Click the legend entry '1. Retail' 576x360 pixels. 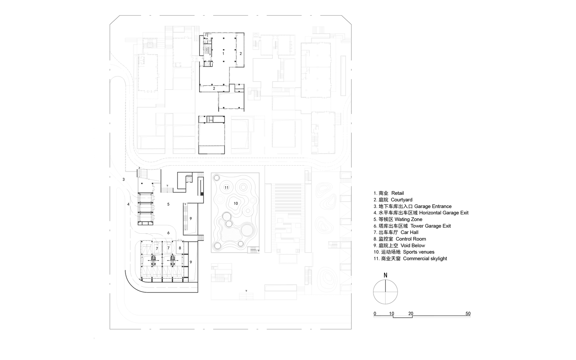point(388,193)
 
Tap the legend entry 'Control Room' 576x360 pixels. point(399,239)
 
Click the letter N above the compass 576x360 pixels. point(385,275)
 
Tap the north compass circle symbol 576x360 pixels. point(385,292)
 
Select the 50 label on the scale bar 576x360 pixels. point(468,313)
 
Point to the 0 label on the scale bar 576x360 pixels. point(375,313)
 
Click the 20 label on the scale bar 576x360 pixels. point(411,313)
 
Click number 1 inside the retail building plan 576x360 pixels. point(224,53)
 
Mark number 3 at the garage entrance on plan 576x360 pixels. point(123,179)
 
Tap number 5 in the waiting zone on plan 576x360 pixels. point(168,205)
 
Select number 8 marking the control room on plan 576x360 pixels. point(180,248)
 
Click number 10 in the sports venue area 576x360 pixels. point(236,203)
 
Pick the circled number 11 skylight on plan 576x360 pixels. point(226,187)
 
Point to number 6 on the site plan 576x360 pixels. point(168,233)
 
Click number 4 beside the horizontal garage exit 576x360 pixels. point(128,205)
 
